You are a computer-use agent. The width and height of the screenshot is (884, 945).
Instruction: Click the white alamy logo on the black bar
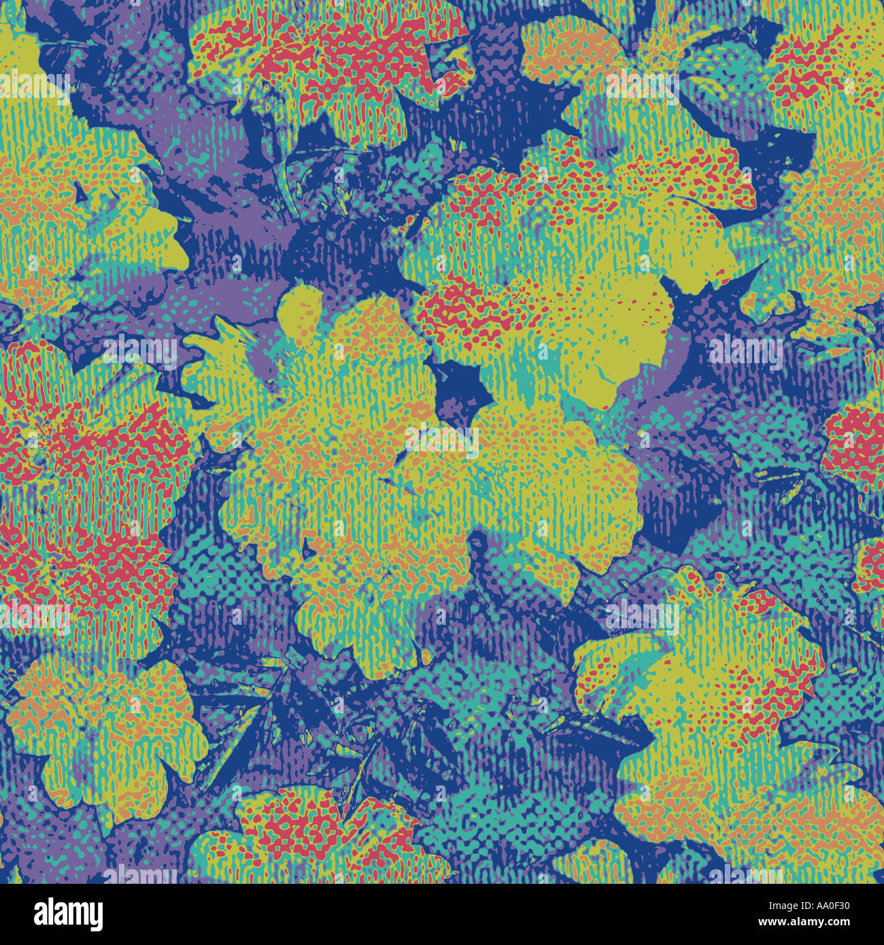[68, 914]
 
